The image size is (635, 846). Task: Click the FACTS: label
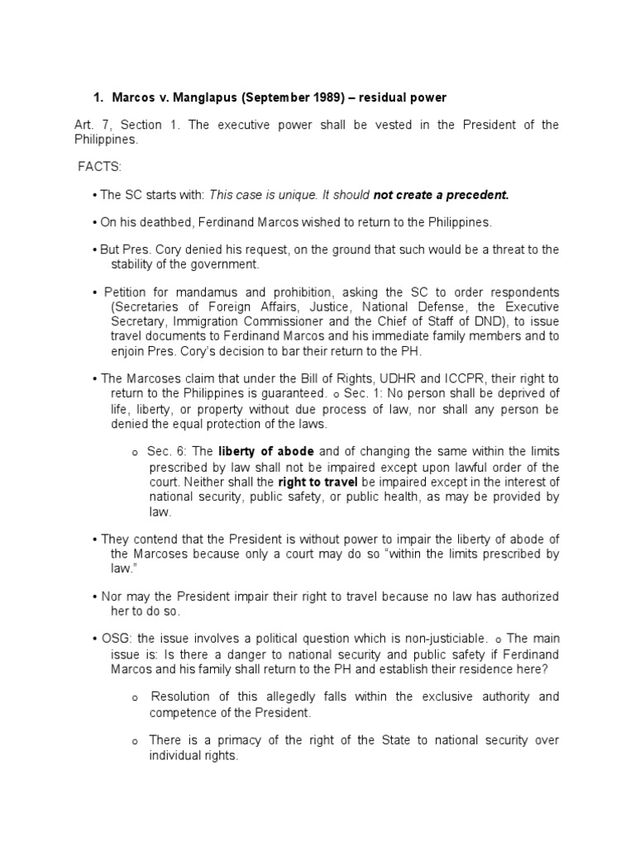[x=99, y=168]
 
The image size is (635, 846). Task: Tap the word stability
[x=133, y=264]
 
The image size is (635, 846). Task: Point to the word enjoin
[x=128, y=350]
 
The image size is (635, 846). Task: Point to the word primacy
[x=237, y=740]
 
